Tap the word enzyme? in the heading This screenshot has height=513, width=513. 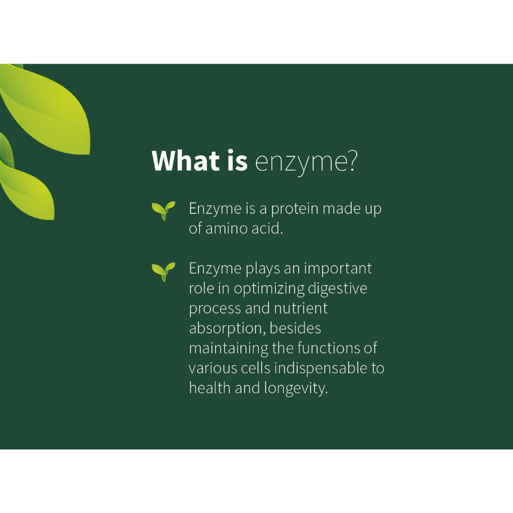[x=306, y=163]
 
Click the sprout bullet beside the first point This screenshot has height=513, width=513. [x=163, y=211]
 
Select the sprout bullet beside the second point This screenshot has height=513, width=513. [x=163, y=272]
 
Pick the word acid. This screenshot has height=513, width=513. [x=268, y=228]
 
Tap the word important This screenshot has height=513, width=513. [x=338, y=270]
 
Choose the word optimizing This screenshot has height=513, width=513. [x=269, y=289]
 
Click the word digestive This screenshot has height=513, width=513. [x=338, y=289]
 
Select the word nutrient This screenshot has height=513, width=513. [x=301, y=309]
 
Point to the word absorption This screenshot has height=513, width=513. [x=226, y=329]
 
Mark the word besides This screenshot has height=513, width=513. [x=295, y=328]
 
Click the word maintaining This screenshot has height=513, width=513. [x=228, y=349]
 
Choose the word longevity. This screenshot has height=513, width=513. [x=296, y=389]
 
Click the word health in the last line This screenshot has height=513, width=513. [x=209, y=388]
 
